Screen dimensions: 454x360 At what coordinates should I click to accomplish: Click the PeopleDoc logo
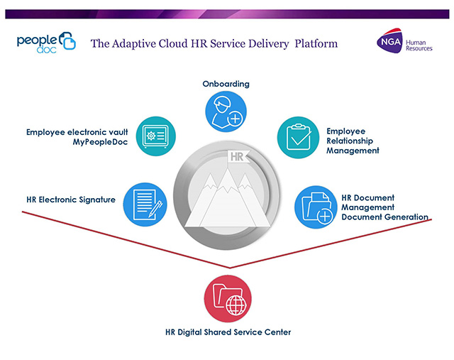pos(46,43)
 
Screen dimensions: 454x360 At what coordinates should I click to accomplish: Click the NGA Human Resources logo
pos(404,41)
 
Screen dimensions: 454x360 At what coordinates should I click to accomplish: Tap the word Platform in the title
pos(316,44)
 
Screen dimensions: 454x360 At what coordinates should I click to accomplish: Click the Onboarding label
pos(226,84)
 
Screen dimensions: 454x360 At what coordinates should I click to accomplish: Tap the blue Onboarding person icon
pos(226,111)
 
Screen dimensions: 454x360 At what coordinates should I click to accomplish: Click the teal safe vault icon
pos(156,136)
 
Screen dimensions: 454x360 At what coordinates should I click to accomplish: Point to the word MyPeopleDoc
pos(100,142)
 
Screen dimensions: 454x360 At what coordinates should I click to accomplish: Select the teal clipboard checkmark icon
pos(298,137)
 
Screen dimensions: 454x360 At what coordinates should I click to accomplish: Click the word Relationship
pos(350,141)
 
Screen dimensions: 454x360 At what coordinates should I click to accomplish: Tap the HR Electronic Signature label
pos(71,200)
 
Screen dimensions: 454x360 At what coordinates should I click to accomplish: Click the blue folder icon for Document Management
pos(316,207)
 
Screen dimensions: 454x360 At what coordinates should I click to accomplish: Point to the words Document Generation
pos(384,217)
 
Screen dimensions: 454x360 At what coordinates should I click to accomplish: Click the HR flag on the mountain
pos(238,158)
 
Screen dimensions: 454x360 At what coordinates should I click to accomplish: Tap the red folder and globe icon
pos(228,299)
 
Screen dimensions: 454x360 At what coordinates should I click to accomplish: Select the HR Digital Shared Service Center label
pos(228,332)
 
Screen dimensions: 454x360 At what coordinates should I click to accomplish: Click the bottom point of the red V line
pos(230,268)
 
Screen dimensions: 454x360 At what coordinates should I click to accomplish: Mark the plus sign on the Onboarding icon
pos(235,119)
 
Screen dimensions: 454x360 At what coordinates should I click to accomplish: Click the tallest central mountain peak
pos(228,170)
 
